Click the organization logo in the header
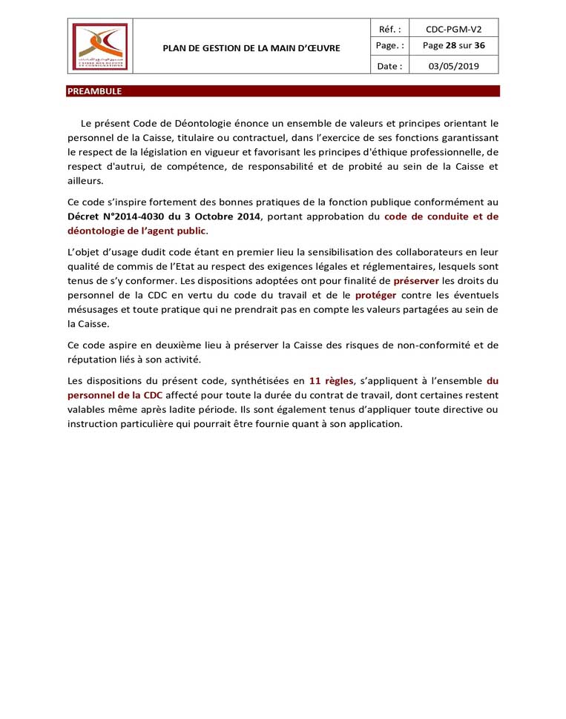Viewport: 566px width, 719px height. (99, 47)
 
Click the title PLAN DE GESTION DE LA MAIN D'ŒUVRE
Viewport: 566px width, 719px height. (251, 48)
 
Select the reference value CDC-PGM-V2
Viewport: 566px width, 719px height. (453, 30)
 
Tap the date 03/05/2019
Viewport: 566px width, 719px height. (453, 66)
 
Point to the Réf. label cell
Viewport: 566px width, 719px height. (389, 30)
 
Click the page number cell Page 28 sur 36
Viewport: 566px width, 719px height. (453, 46)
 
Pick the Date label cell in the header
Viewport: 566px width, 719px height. (389, 66)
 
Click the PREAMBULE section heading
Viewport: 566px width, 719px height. (94, 91)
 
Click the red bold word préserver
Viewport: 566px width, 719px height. (416, 281)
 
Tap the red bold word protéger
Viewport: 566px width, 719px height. (375, 295)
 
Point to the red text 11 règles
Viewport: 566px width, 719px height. (331, 381)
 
